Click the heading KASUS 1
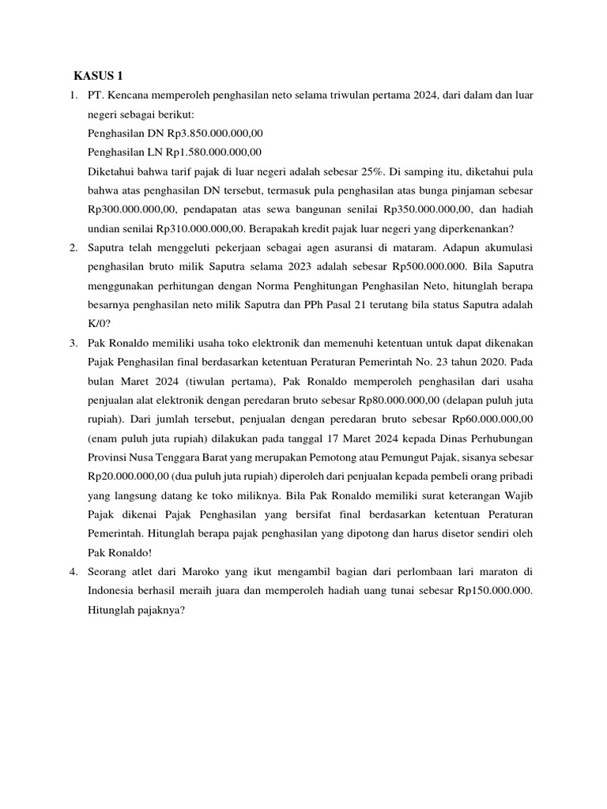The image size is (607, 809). pyautogui.click(x=99, y=77)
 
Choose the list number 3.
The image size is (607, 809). pyautogui.click(x=73, y=342)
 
